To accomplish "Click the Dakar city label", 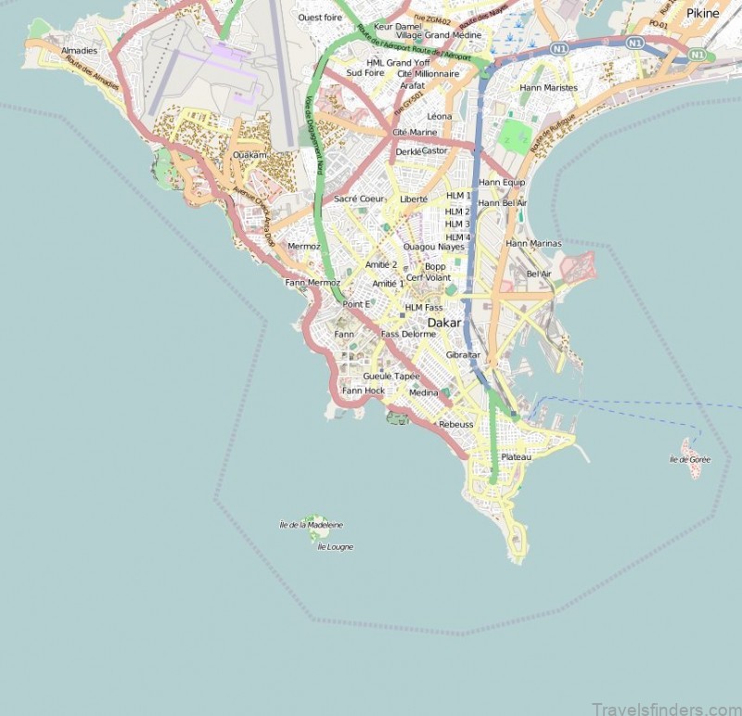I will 444,323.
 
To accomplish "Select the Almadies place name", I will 79,51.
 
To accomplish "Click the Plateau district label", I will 516,457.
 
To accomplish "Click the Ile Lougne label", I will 335,547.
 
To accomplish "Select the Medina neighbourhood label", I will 424,392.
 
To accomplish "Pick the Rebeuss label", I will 455,424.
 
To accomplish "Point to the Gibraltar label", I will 463,354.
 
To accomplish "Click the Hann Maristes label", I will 548,88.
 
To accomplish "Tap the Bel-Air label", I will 539,275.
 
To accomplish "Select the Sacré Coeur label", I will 359,198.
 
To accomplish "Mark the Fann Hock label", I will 364,390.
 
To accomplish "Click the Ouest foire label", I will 319,18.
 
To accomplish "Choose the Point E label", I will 356,304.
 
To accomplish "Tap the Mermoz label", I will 303,247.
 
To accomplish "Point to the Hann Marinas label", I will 533,243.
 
